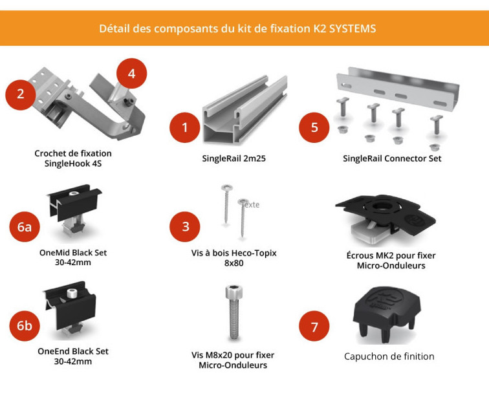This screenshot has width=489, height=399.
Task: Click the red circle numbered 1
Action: [x=184, y=127]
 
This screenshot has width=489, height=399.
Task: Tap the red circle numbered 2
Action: [x=21, y=94]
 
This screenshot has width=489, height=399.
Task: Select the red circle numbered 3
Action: [x=185, y=226]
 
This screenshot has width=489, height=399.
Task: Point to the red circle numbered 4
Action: [x=131, y=74]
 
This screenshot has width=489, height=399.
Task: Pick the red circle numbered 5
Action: [x=314, y=127]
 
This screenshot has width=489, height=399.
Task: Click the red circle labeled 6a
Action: [x=25, y=226]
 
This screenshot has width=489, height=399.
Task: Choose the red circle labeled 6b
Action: [x=25, y=326]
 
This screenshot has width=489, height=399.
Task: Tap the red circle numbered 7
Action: [x=314, y=326]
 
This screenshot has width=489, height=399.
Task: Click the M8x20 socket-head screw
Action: [x=234, y=312]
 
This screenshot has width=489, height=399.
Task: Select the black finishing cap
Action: [x=387, y=314]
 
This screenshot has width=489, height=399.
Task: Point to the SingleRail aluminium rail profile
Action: [x=244, y=110]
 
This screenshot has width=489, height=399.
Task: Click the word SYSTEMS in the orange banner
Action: [x=353, y=28]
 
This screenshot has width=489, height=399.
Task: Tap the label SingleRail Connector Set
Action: [x=392, y=158]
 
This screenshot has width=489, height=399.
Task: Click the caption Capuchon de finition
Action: [x=389, y=356]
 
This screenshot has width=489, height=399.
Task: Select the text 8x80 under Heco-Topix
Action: [x=234, y=263]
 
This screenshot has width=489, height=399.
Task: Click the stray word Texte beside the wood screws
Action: [x=250, y=204]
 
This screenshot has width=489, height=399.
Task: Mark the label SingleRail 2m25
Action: [x=234, y=158]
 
